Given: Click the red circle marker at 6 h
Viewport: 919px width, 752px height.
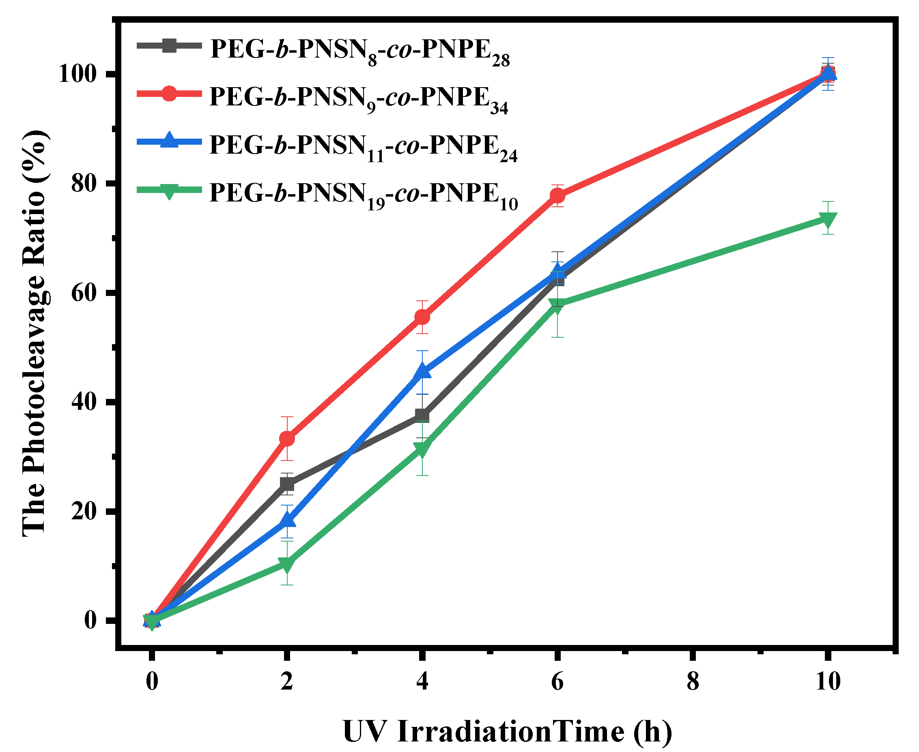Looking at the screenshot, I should (x=557, y=196).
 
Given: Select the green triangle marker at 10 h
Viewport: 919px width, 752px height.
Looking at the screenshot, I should (x=828, y=219).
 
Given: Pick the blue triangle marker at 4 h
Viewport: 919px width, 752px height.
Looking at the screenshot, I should (x=422, y=372).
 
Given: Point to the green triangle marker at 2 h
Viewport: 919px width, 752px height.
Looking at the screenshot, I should (x=287, y=563).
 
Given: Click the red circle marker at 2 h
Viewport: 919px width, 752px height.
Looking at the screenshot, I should (x=287, y=439).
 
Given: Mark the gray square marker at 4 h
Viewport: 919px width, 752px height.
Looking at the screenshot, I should (x=422, y=416).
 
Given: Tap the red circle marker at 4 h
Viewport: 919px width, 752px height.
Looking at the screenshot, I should (x=422, y=317).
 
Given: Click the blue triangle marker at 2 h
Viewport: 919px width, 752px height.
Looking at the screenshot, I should (x=287, y=520).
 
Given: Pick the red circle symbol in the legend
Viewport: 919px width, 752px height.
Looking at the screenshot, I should (x=169, y=93).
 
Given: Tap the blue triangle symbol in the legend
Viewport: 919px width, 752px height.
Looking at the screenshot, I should (x=169, y=141).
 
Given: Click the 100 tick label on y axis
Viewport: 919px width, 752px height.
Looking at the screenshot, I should (x=77, y=75).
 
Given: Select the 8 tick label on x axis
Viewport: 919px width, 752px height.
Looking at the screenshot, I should (x=693, y=681).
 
